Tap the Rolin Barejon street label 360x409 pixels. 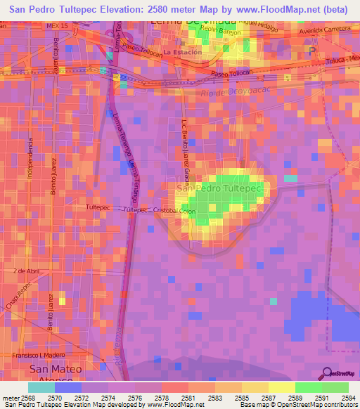coord(220,32)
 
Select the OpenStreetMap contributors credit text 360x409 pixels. coord(317,404)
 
